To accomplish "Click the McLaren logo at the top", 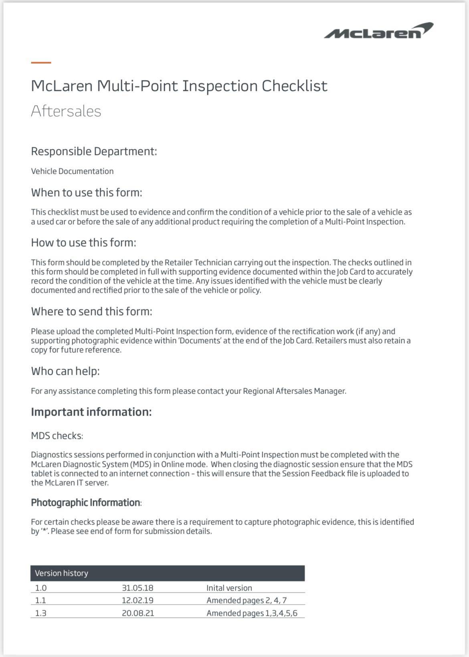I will coord(378,31).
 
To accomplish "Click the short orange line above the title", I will coord(41,62).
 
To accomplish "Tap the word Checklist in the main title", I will coord(295,86).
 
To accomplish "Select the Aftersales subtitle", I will coord(66,111).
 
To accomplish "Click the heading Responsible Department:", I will coord(94,151).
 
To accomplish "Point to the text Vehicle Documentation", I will coord(72,171).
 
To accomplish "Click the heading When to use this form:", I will coord(87,193).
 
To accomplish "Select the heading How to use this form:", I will coord(83,243).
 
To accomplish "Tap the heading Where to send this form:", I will coord(91,311).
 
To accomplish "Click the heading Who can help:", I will coord(65,371).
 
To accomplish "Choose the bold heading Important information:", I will coord(91,412).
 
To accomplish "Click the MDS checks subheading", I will coord(57,436).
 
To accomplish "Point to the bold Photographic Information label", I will coord(86,502).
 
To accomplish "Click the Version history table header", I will coord(61,573).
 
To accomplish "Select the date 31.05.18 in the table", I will coord(137,588).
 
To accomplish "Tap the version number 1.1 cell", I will coord(40,600).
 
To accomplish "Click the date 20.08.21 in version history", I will coord(138,613).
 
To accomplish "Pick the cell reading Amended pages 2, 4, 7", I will coord(247,600).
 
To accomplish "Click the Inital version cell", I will coord(229,588).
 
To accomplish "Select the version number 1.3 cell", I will coord(40,613).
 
